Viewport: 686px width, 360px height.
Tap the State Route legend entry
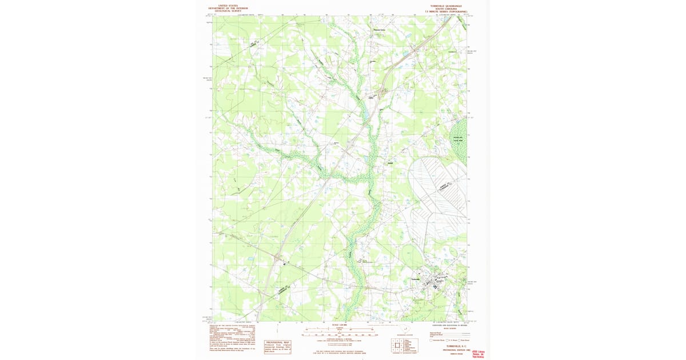465,341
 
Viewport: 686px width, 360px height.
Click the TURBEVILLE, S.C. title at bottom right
454,346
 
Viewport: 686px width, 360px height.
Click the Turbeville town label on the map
416,279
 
